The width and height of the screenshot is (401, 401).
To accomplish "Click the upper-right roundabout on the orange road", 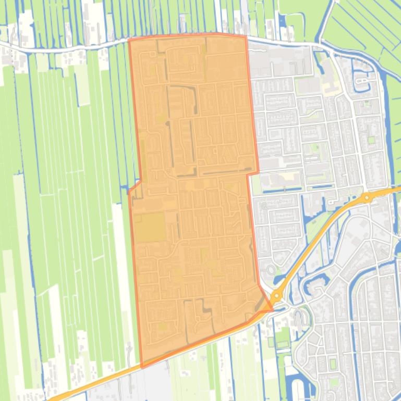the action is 367,197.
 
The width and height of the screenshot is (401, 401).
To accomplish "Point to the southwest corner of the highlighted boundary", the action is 141,367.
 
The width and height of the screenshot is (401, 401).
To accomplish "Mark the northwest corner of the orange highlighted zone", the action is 129,40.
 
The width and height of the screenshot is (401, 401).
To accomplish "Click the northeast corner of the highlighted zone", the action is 245,36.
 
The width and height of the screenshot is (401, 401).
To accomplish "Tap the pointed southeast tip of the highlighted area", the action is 272,310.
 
